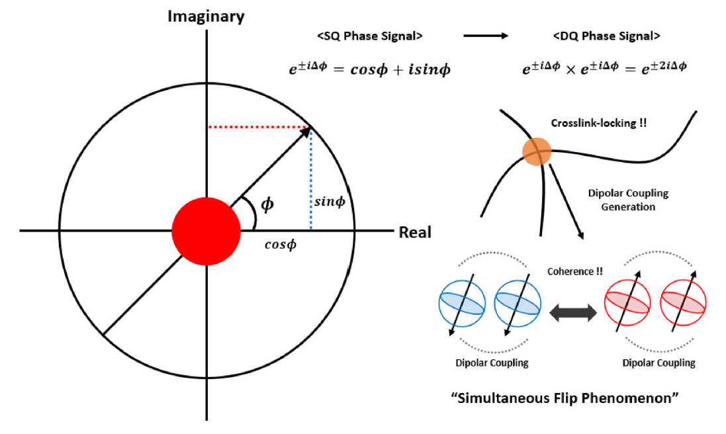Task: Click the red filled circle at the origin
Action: tap(206, 231)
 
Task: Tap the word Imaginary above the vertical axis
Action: tap(206, 16)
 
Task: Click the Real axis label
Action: tap(415, 232)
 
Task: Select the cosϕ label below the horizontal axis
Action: tap(281, 244)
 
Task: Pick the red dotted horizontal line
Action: tap(259, 127)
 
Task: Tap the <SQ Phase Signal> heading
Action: tap(367, 36)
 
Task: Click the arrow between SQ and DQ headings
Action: tap(484, 36)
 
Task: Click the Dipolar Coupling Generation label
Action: tap(628, 200)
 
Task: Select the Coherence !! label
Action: tap(570, 272)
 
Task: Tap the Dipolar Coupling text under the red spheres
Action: tap(658, 363)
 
